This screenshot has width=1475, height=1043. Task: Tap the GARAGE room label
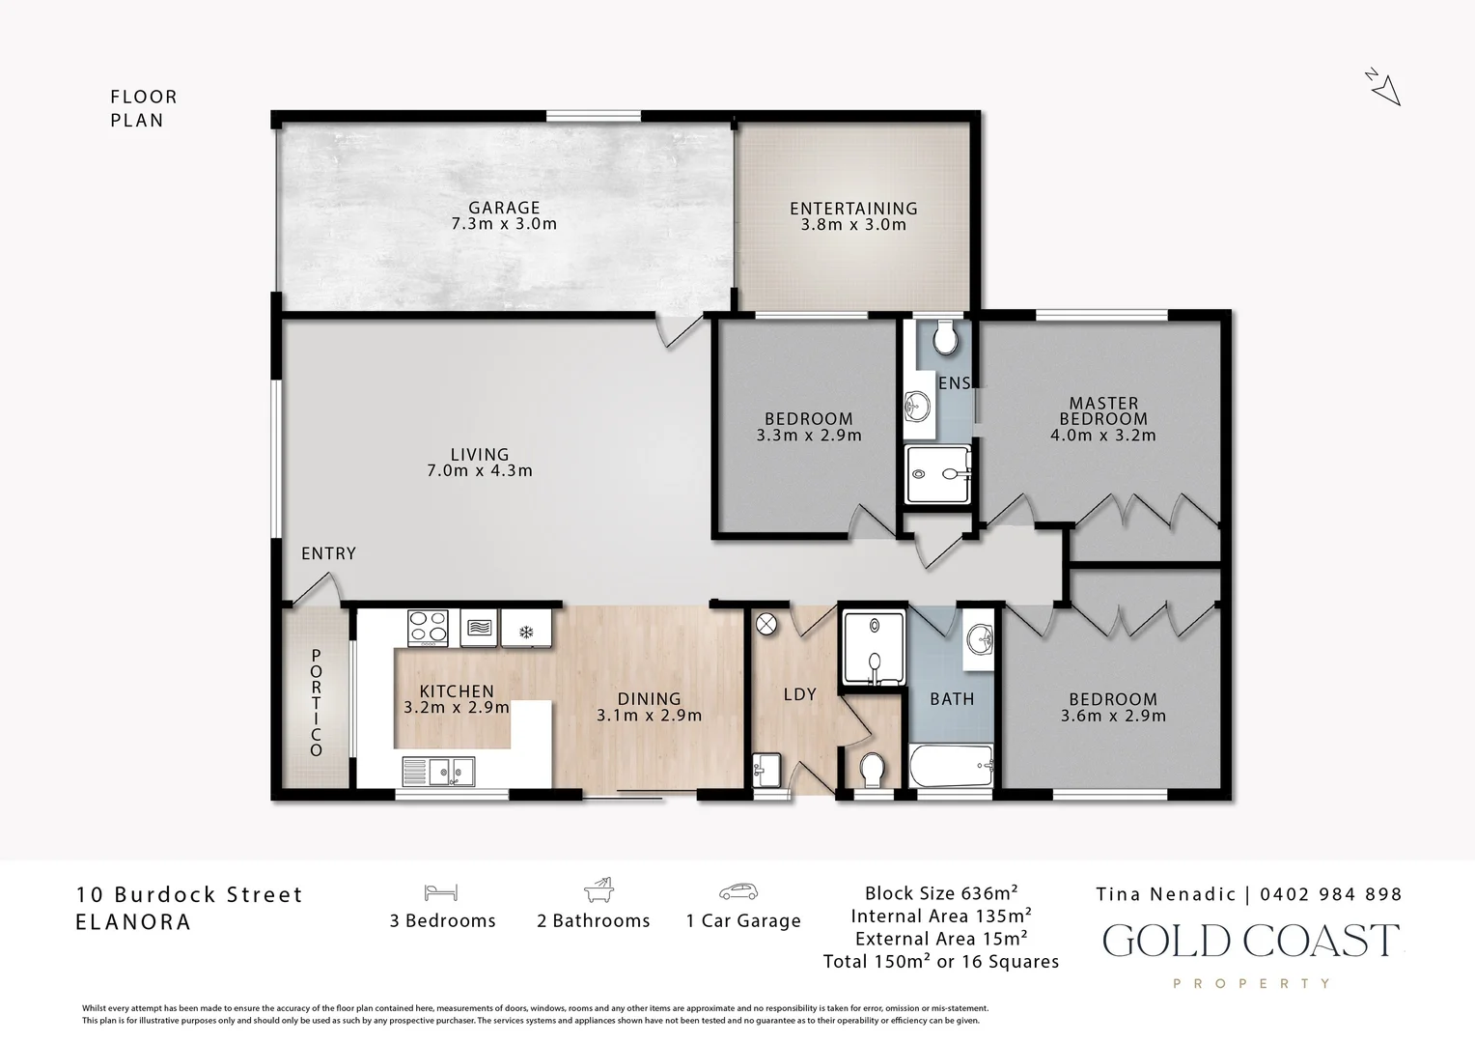[x=505, y=209]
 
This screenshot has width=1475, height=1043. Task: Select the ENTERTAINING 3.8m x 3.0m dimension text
[x=853, y=225]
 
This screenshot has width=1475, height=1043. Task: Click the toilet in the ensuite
[x=946, y=337]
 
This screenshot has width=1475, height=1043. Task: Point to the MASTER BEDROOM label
[x=1103, y=411]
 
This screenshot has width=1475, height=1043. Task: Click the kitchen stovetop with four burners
[x=428, y=628]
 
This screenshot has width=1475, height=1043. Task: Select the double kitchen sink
[x=438, y=772]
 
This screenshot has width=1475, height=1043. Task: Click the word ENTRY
[x=328, y=553]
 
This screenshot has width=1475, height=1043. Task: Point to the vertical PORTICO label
[x=316, y=702]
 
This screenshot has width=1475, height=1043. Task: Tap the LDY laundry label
[x=800, y=694]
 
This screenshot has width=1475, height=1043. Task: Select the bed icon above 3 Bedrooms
[x=441, y=892]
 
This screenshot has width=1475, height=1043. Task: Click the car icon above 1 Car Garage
[x=738, y=891]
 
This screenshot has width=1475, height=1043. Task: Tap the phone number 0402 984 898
[x=1331, y=894]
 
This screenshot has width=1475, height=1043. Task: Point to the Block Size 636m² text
[x=941, y=893]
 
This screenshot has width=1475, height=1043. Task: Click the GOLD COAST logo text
[x=1251, y=941]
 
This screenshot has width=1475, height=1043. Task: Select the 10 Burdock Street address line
[x=189, y=894]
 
